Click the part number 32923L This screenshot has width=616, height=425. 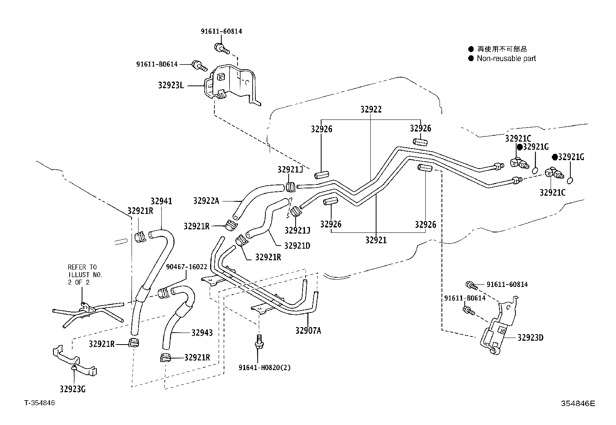pos(171,85)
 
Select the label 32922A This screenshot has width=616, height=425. pos(206,200)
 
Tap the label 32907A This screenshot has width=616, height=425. pos(308,330)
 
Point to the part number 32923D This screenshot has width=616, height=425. pos(530,338)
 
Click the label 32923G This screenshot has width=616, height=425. pos(73,389)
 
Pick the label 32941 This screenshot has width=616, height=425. pos(161,201)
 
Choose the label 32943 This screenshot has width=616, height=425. pos(202,333)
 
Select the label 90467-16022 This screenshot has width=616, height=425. pos(187,267)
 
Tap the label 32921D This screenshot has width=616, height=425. pos(297,246)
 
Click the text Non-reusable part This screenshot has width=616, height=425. pos(506,58)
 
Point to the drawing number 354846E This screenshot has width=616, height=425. pos(578,403)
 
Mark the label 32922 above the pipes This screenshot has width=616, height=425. pos(371,109)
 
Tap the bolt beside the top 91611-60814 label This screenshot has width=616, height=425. pos(221,48)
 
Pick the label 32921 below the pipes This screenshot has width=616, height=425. pos(376,240)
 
